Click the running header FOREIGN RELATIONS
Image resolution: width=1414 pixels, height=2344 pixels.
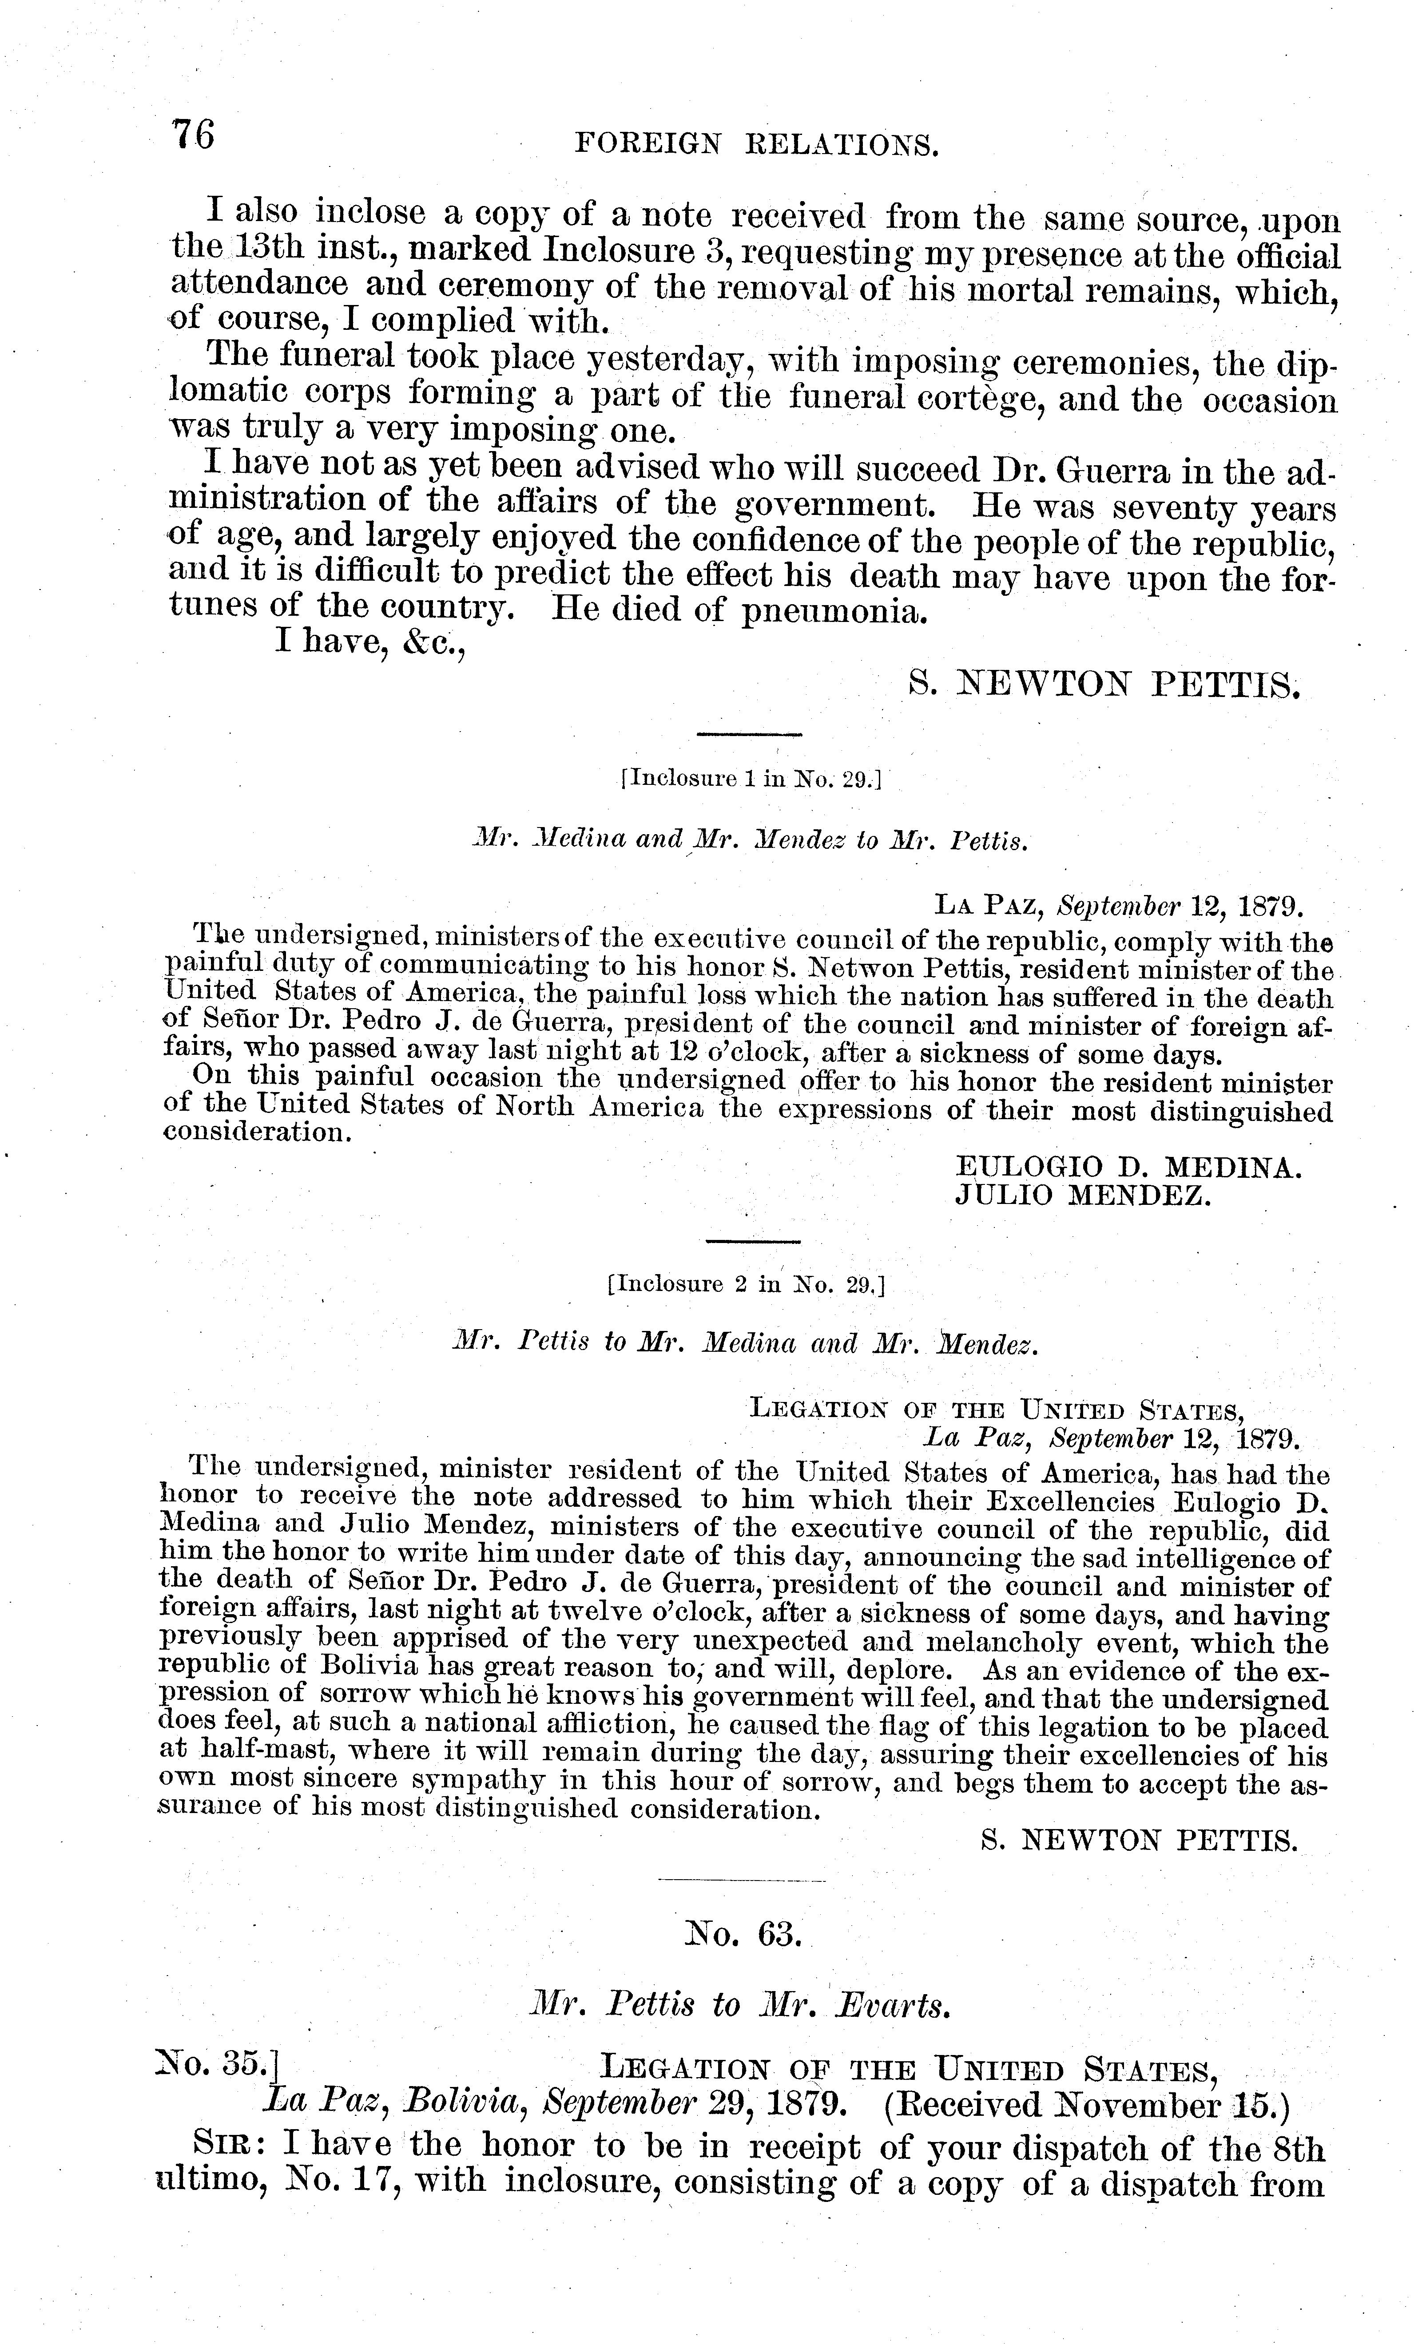pyautogui.click(x=758, y=145)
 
